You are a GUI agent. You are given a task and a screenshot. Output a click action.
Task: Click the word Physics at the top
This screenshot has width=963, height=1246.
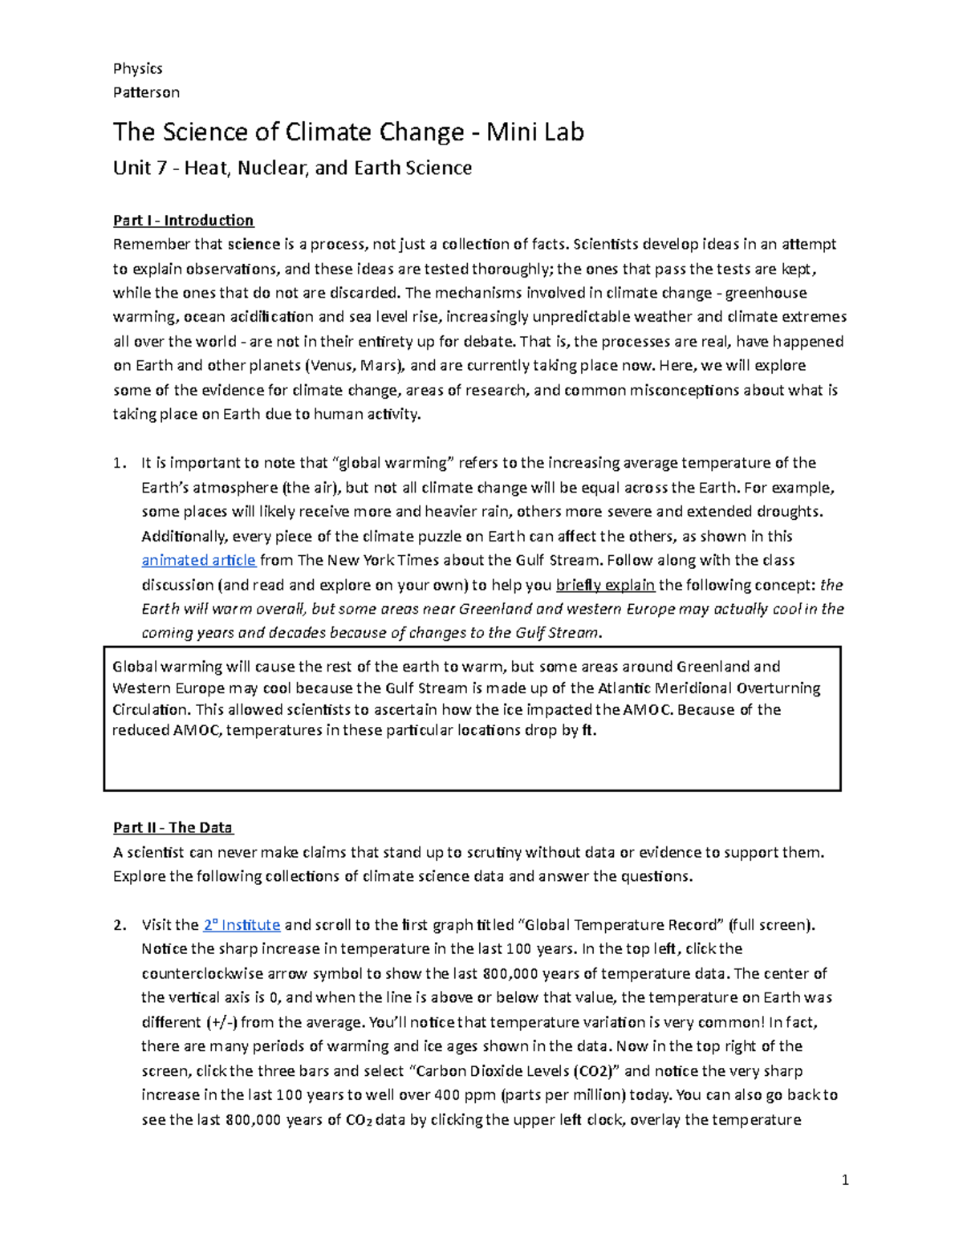137,68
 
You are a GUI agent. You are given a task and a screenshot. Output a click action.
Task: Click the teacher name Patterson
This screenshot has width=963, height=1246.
146,92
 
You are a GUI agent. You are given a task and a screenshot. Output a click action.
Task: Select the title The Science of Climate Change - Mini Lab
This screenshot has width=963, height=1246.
348,132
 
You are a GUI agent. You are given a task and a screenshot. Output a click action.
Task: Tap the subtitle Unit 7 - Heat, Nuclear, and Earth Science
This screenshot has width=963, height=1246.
292,168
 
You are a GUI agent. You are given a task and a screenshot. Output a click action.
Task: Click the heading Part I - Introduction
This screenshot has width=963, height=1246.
183,221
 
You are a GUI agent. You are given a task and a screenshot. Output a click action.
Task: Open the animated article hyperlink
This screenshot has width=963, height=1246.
198,560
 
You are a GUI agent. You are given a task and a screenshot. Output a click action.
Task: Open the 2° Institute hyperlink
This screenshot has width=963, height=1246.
242,924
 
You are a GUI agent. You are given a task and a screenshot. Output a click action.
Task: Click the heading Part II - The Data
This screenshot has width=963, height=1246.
173,827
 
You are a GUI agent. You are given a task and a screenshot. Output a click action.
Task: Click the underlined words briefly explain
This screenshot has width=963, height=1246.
605,584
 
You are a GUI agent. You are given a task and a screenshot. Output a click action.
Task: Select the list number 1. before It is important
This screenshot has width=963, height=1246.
120,463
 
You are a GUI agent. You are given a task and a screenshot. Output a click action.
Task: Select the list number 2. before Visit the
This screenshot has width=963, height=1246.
120,924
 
